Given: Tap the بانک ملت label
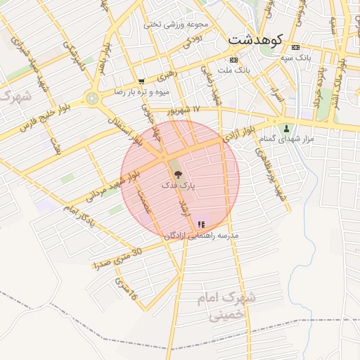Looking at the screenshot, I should pos(233,70).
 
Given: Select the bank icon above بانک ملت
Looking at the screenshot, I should pos(234,60).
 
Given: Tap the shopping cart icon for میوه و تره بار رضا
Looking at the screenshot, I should pos(141,82).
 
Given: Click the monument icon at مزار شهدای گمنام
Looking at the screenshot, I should pos(286,129).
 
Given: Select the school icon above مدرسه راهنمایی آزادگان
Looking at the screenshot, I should pos(201,225).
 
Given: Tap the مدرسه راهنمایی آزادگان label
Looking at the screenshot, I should pos(201,236).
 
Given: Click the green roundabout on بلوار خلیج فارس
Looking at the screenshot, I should pos(92,98).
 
